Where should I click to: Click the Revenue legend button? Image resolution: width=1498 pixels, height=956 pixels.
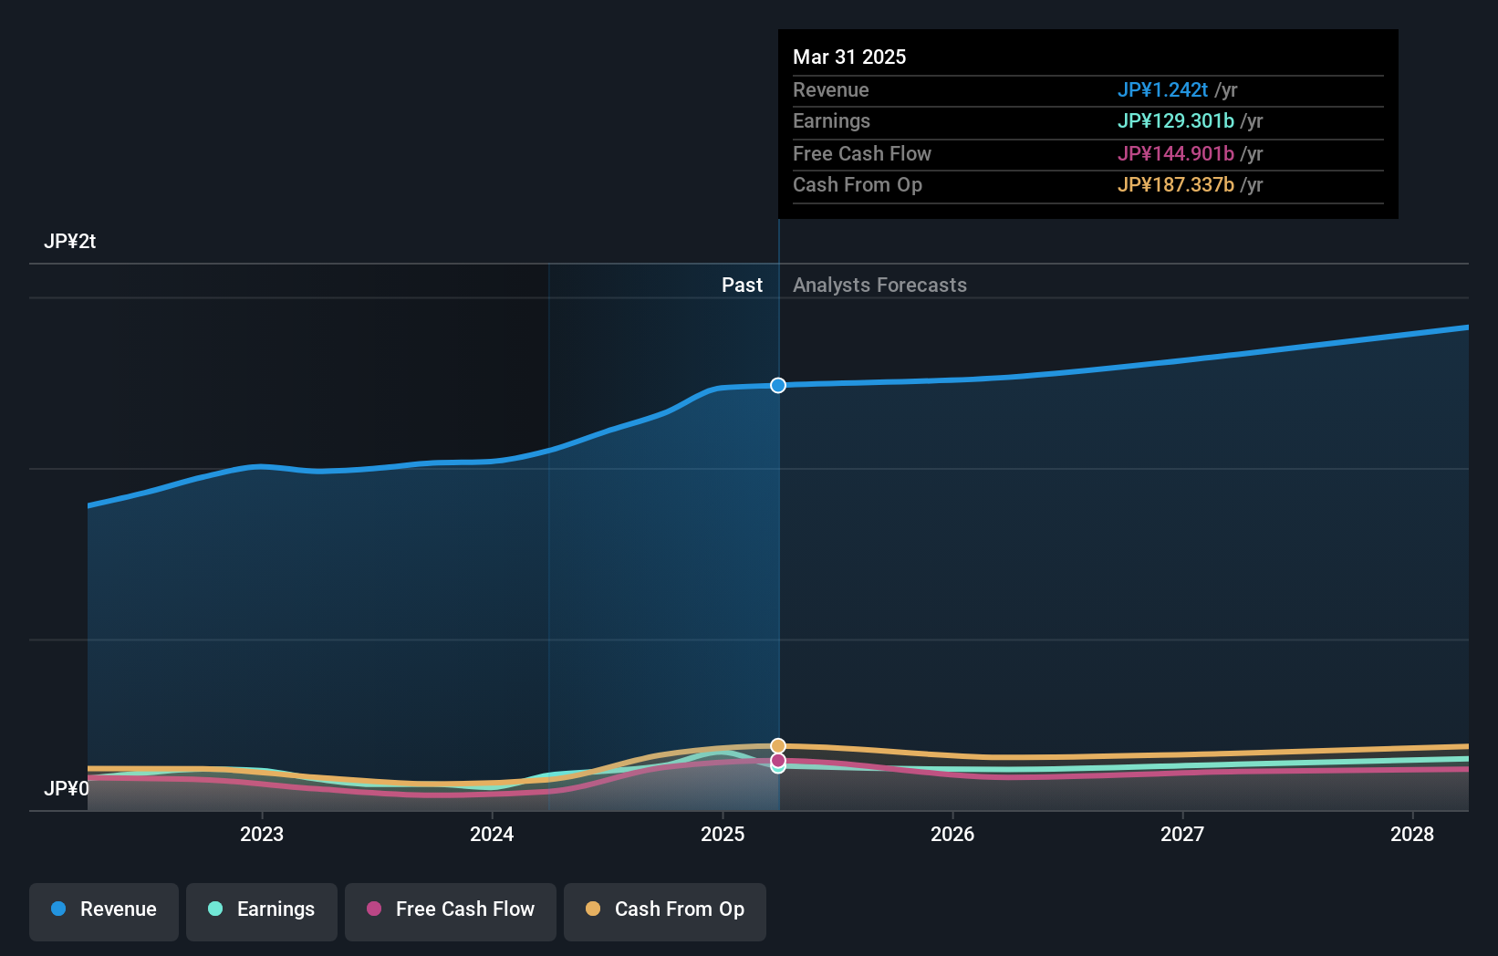point(104,909)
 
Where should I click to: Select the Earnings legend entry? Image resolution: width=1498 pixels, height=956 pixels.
point(262,909)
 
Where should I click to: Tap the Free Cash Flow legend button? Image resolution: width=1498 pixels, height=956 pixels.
point(451,909)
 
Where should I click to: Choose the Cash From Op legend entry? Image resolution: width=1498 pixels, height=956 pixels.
point(665,909)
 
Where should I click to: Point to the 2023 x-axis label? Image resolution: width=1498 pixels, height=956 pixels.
point(262,834)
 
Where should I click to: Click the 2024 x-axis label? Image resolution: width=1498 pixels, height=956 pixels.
point(492,834)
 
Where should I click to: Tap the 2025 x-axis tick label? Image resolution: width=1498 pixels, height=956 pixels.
point(723,834)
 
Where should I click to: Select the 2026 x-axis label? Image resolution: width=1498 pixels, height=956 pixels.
point(952,834)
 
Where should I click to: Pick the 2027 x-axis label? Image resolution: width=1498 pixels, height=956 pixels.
point(1182,834)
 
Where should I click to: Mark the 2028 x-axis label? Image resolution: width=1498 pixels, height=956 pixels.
point(1412,834)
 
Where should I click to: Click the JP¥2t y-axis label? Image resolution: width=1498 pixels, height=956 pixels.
point(69,242)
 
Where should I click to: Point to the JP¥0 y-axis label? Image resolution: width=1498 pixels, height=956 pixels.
point(66,788)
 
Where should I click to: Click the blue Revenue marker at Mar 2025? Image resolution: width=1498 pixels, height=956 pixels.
point(778,386)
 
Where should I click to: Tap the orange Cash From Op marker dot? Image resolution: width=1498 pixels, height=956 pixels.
point(778,746)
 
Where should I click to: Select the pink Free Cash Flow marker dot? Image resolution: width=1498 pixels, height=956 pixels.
point(778,760)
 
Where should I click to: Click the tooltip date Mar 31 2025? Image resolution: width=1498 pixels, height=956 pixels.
point(849,57)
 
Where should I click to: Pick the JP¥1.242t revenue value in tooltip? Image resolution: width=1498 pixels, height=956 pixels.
point(1162,90)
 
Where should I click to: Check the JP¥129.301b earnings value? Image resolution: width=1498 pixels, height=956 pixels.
point(1175,121)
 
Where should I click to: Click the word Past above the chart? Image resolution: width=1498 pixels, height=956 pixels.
point(742,286)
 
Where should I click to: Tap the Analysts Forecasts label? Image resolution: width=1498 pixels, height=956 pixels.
point(879,286)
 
